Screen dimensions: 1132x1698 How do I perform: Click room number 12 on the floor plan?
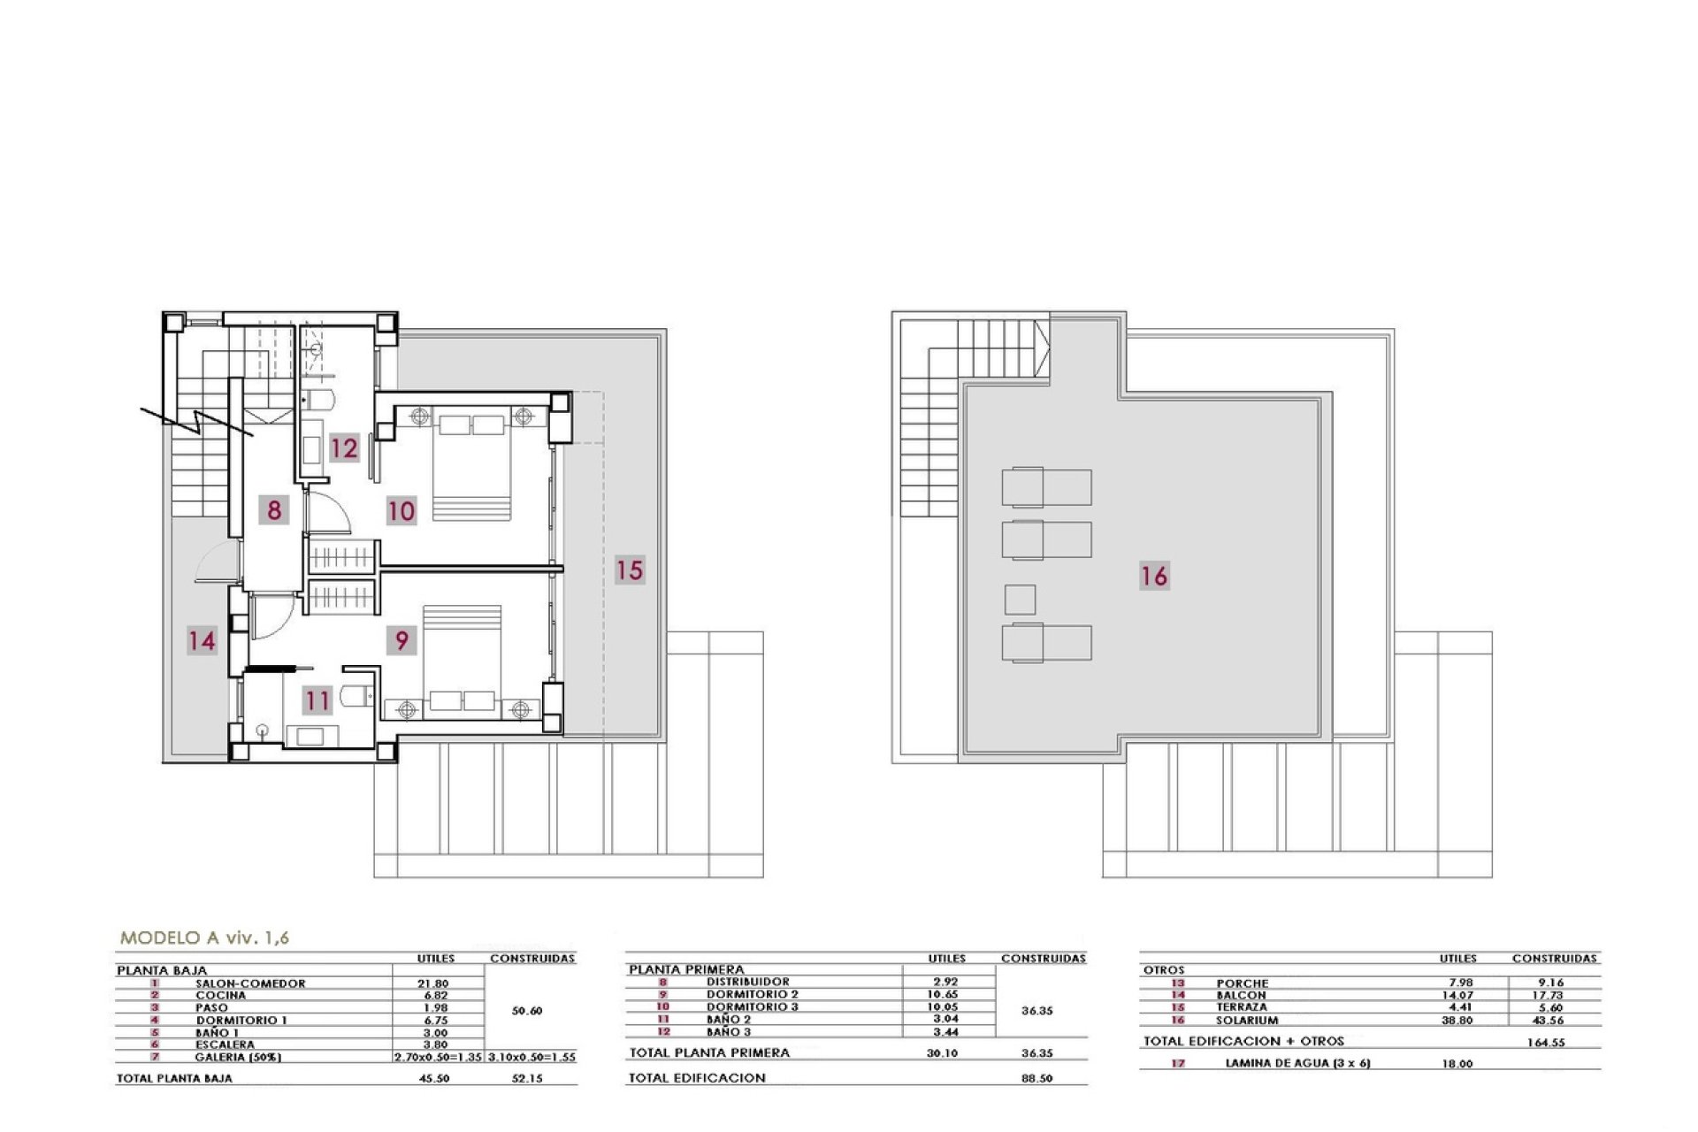[x=344, y=447]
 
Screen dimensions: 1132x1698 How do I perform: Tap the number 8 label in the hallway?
[x=274, y=509]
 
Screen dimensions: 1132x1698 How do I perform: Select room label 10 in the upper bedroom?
[x=401, y=510]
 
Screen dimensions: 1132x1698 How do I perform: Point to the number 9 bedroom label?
[x=402, y=639]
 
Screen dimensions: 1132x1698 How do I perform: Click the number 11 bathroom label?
[x=317, y=701]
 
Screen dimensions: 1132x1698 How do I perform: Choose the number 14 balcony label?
[x=202, y=639]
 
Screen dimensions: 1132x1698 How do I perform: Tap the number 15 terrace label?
[x=630, y=570]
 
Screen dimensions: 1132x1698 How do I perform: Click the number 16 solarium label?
[x=1154, y=576]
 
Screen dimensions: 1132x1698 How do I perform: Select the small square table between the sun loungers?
[x=1020, y=600]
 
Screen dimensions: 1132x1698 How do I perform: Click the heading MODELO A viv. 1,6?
[x=204, y=937]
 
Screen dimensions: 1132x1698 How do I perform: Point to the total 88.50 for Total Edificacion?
[x=1036, y=1079]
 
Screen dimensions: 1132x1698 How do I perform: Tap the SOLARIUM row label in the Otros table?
[x=1247, y=1020]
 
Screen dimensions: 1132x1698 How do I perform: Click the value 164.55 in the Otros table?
[x=1545, y=1043]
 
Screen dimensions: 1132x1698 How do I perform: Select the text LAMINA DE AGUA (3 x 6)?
[x=1297, y=1063]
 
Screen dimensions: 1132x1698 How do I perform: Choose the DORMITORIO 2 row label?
[x=752, y=994]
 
